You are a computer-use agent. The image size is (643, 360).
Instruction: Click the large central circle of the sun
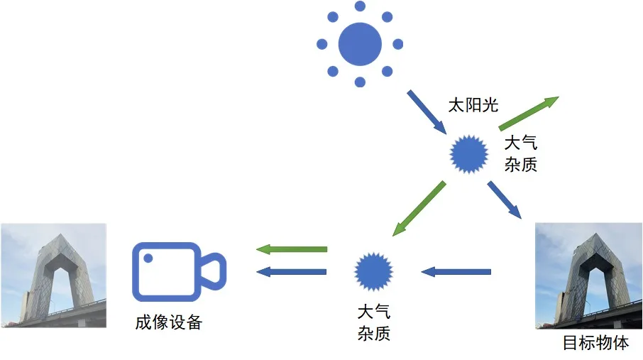[360, 44]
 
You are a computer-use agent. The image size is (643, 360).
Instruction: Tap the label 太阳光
[473, 106]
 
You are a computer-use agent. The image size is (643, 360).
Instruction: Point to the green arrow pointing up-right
[529, 113]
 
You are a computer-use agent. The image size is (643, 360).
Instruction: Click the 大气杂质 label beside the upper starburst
[520, 154]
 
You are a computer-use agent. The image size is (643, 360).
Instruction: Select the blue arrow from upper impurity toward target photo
[505, 200]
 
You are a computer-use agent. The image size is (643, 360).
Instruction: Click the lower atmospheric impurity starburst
[373, 271]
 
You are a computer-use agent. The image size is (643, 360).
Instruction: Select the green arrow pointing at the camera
[291, 249]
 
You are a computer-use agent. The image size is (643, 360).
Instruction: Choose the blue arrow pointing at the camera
[291, 271]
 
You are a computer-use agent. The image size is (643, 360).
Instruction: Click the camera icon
[178, 271]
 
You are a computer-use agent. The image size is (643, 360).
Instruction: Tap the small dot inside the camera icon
[148, 258]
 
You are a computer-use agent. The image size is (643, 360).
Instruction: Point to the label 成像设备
[169, 322]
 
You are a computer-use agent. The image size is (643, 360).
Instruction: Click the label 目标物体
[595, 343]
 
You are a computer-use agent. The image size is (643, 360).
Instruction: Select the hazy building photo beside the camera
[53, 276]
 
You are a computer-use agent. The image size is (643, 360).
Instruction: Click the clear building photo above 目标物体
[588, 276]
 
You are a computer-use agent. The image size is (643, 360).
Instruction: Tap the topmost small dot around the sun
[360, 6]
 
